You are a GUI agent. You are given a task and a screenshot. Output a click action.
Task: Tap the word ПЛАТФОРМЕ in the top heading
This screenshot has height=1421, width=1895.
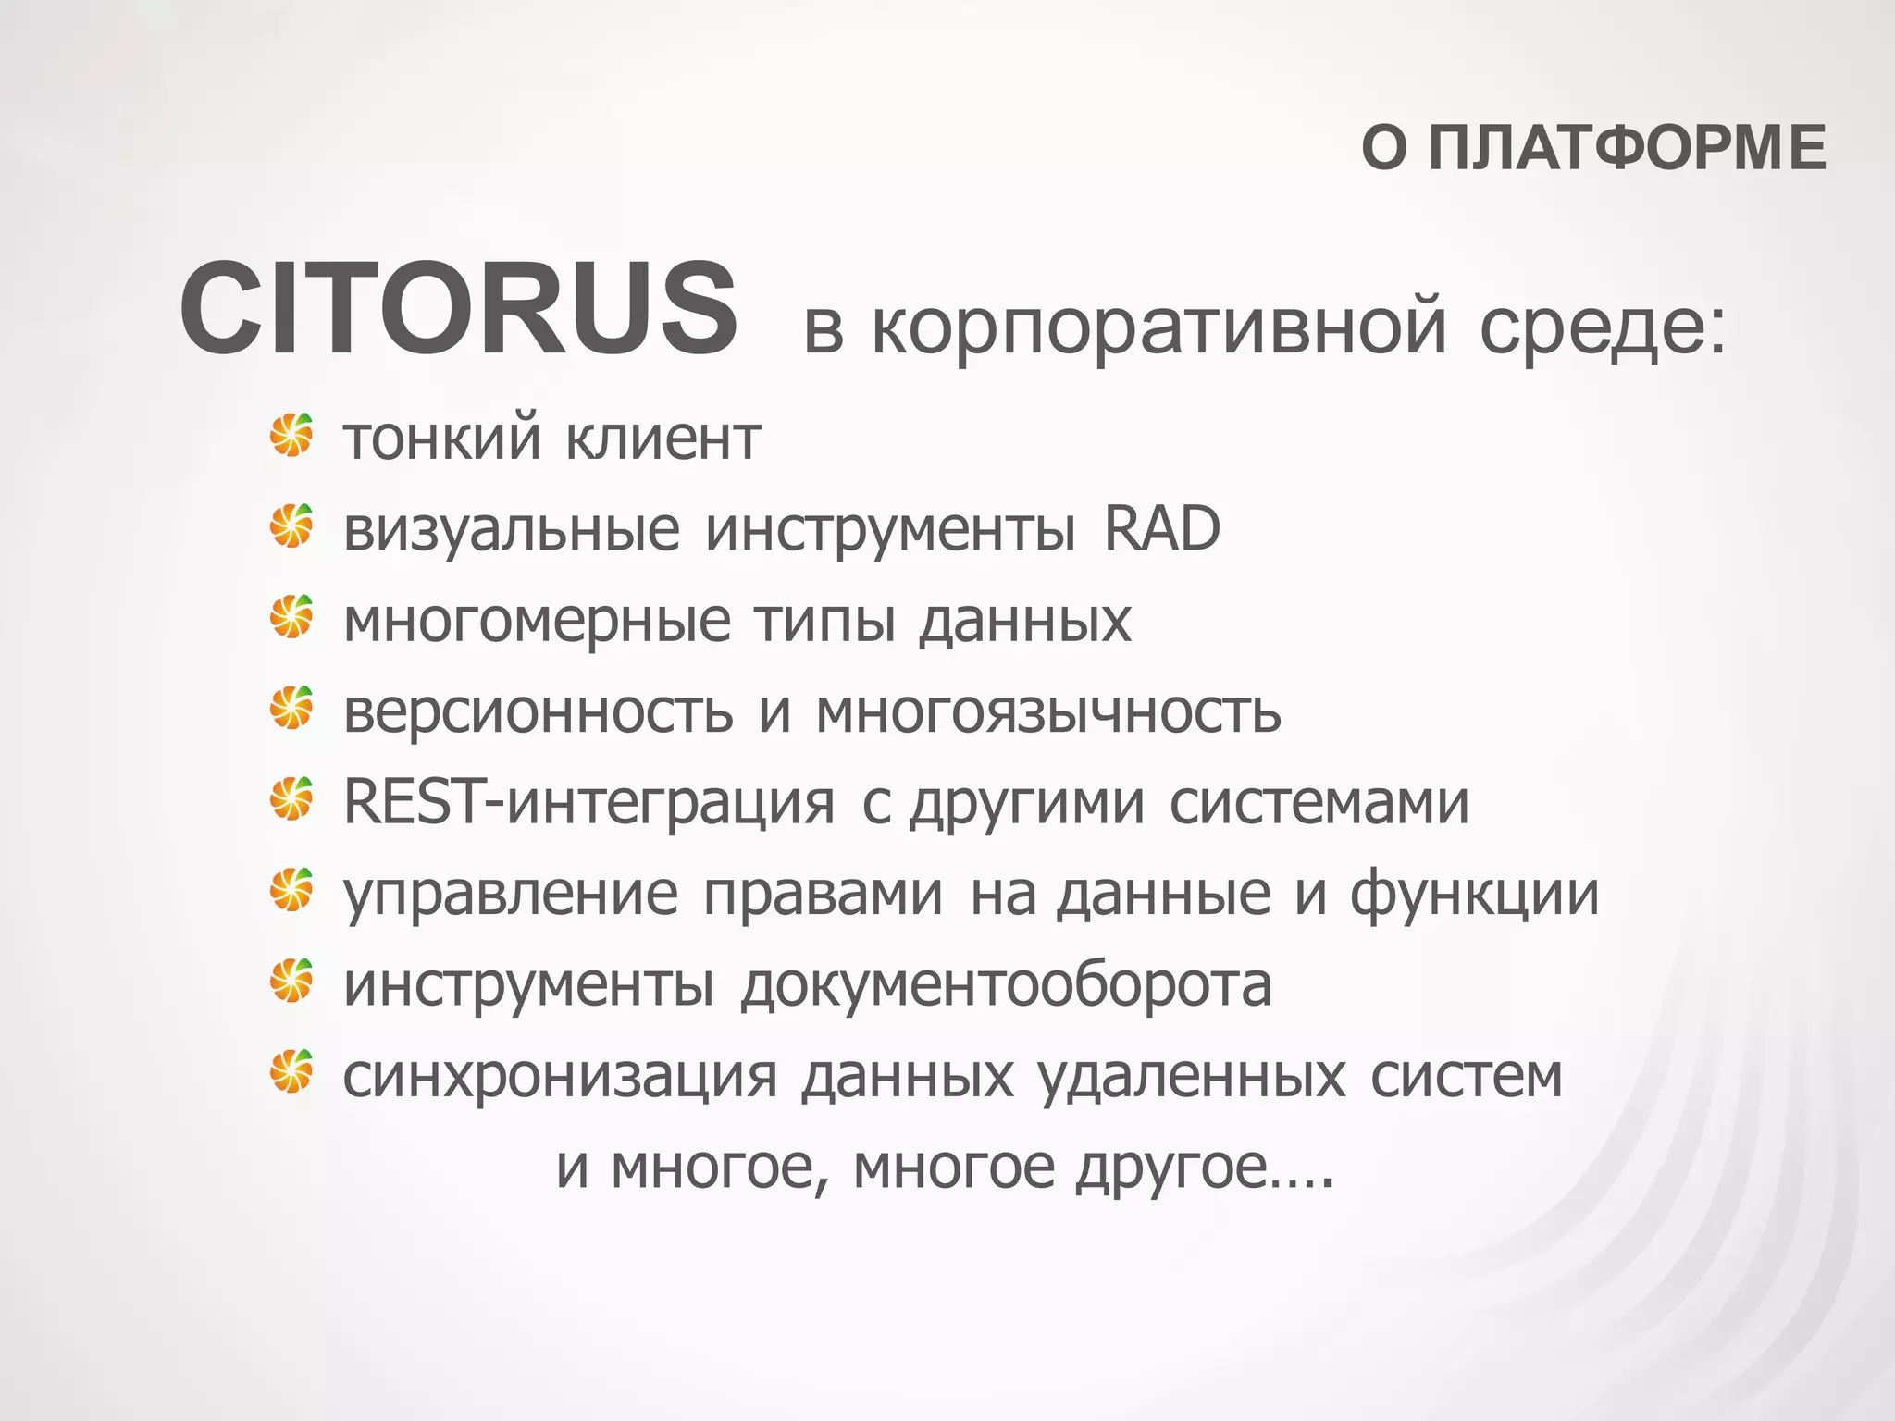1627,148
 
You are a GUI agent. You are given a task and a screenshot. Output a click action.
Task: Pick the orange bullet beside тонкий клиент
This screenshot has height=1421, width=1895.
291,436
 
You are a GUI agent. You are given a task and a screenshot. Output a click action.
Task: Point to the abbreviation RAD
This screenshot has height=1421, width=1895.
1162,529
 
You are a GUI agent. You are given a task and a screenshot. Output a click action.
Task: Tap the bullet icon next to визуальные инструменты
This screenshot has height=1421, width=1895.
291,526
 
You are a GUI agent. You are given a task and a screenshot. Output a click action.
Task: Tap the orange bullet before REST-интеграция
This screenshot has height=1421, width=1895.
291,799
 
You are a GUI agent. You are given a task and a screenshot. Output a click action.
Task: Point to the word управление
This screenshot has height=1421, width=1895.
511,894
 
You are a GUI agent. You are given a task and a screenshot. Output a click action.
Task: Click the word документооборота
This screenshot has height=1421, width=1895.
1006,984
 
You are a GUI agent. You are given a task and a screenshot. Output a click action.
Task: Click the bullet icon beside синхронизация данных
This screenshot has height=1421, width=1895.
291,1072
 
